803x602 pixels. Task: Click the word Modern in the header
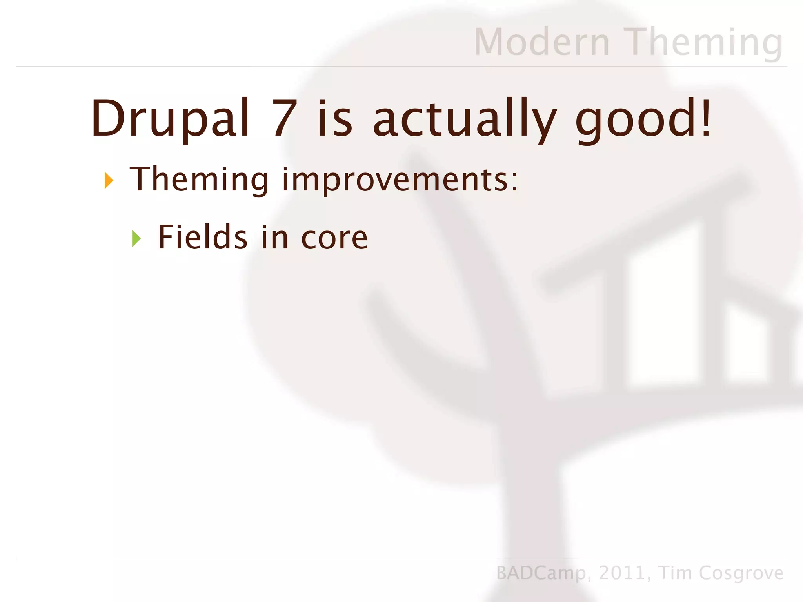[x=542, y=42]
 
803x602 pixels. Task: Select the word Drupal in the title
[x=170, y=118]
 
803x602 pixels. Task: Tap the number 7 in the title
[x=285, y=118]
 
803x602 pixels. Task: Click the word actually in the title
[x=464, y=118]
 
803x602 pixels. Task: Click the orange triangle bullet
[x=109, y=181]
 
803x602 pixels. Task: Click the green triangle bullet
[x=136, y=238]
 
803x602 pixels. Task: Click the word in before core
[x=274, y=237]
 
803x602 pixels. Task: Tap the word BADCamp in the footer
[x=541, y=573]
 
